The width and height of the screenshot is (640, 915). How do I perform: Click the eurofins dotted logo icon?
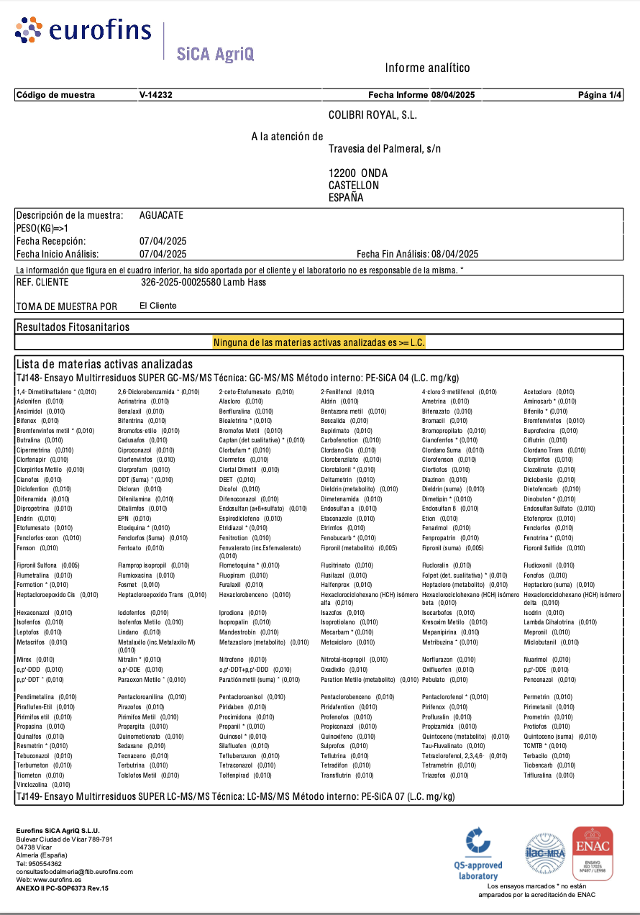pyautogui.click(x=29, y=29)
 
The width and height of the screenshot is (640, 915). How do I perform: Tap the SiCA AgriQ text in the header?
pyautogui.click(x=215, y=53)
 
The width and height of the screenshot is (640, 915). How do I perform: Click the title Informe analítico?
pyautogui.click(x=427, y=68)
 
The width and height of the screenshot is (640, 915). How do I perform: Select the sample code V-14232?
pyautogui.click(x=155, y=95)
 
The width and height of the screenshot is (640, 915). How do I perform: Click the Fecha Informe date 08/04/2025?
pyautogui.click(x=453, y=95)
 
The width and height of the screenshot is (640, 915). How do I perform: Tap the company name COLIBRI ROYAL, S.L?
pyautogui.click(x=372, y=115)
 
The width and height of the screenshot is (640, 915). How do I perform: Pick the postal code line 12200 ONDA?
pyautogui.click(x=358, y=173)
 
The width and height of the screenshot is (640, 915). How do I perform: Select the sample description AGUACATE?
pyautogui.click(x=161, y=215)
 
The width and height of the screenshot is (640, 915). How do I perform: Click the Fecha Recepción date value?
pyautogui.click(x=163, y=241)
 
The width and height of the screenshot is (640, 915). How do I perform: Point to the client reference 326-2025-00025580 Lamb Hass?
pyautogui.click(x=204, y=282)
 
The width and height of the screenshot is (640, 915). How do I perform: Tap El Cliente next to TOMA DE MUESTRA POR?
pyautogui.click(x=157, y=306)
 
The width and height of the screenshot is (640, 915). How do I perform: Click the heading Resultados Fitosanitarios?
pyautogui.click(x=73, y=327)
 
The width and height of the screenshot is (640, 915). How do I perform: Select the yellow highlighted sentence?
pyautogui.click(x=319, y=343)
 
